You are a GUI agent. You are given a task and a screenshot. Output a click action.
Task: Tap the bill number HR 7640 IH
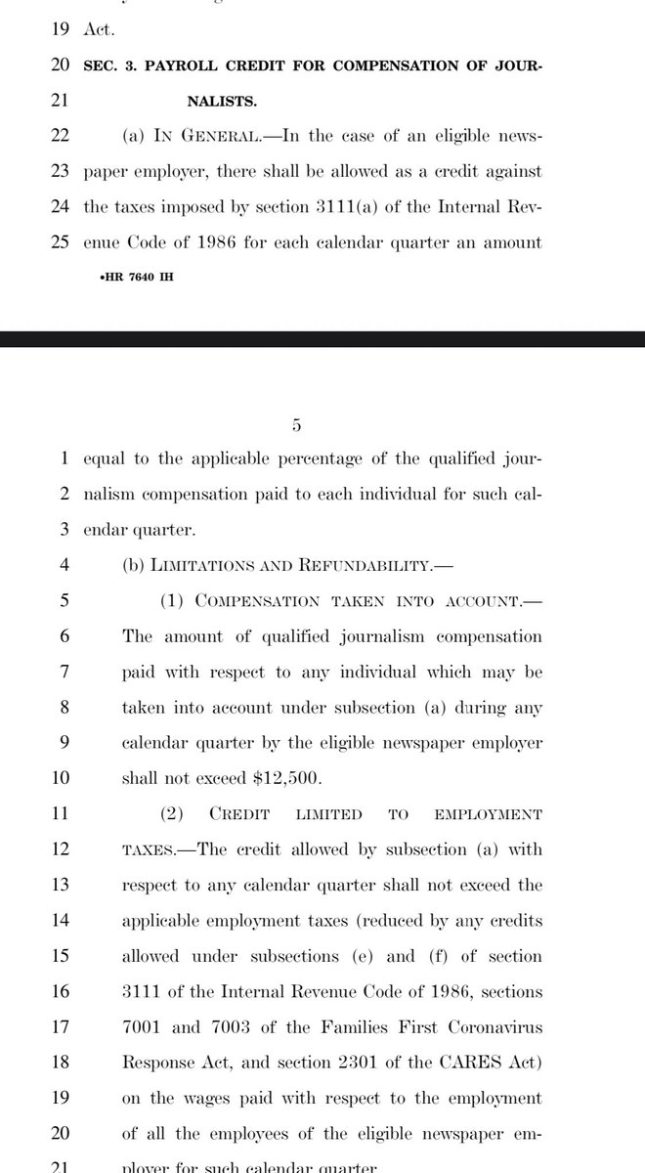(x=132, y=277)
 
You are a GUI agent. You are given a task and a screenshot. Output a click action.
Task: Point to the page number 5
(x=297, y=425)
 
